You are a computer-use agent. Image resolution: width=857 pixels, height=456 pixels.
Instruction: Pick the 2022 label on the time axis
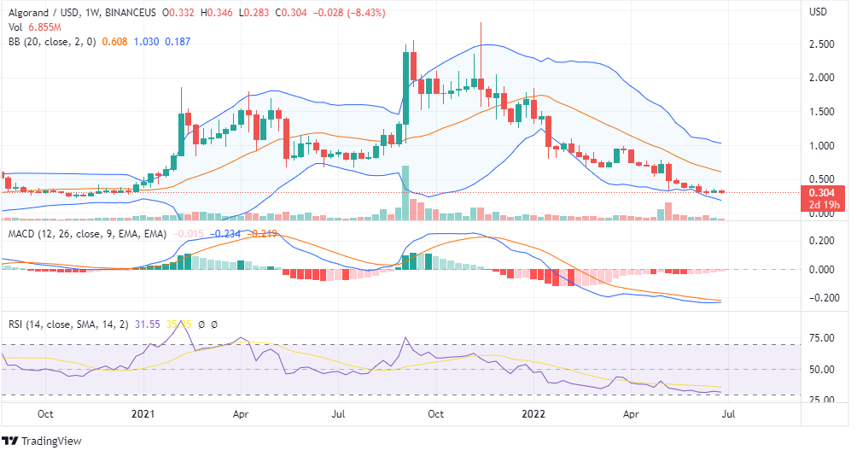[x=534, y=413]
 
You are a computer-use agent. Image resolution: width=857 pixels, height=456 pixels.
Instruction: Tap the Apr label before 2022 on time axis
[x=241, y=413]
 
